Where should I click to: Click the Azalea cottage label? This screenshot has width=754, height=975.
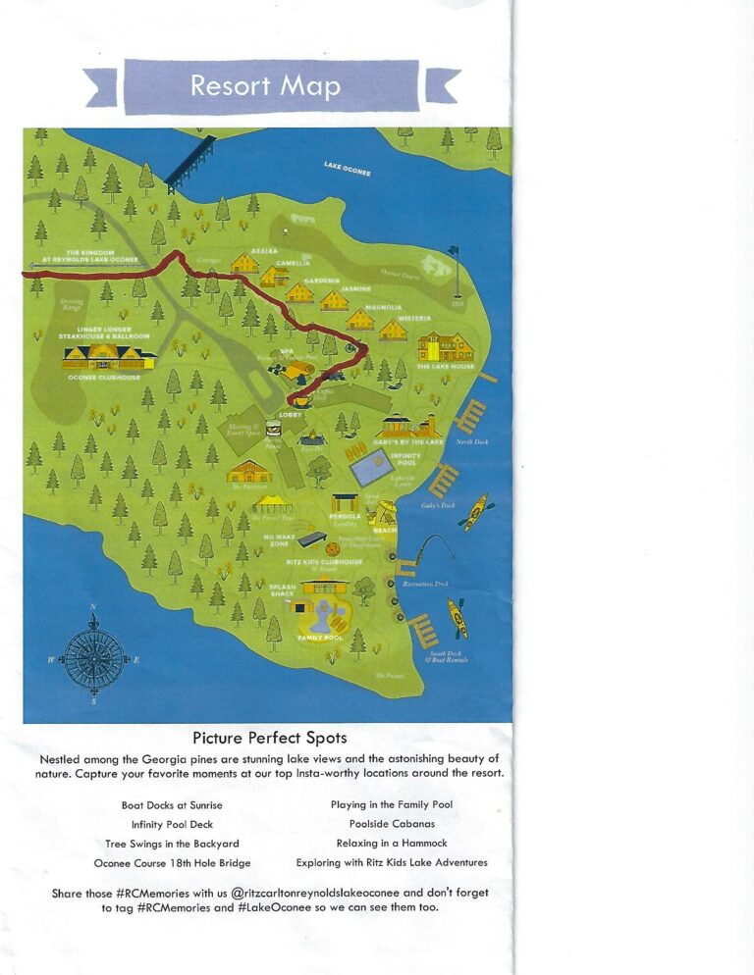(262, 251)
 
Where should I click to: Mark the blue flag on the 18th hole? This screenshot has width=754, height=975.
(454, 251)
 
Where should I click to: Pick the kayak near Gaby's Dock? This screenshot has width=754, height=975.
(475, 512)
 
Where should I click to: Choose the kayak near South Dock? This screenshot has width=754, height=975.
(458, 618)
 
